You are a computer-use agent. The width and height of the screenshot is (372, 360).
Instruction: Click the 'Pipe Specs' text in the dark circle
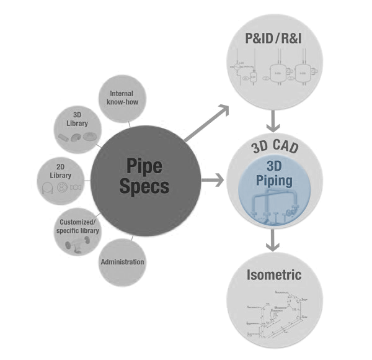point(148,176)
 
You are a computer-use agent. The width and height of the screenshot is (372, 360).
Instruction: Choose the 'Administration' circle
point(123,261)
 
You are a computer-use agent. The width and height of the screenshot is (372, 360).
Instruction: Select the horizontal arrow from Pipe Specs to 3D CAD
point(211,181)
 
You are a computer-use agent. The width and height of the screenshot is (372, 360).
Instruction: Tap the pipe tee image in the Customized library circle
point(76,243)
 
